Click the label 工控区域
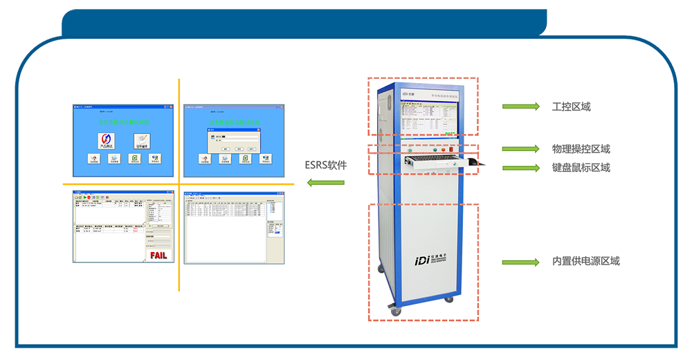pos(571,107)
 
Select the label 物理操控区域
pos(581,149)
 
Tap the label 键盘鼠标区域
pos(581,168)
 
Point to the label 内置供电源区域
pos(585,262)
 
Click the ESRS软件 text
pos(326,165)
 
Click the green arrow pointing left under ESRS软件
pos(326,183)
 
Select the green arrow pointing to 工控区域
pos(520,107)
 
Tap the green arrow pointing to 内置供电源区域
pos(520,262)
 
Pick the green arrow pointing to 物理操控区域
pos(520,149)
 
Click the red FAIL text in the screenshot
pos(158,255)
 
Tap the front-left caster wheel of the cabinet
pos(396,312)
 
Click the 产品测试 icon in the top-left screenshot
pos(105,141)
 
